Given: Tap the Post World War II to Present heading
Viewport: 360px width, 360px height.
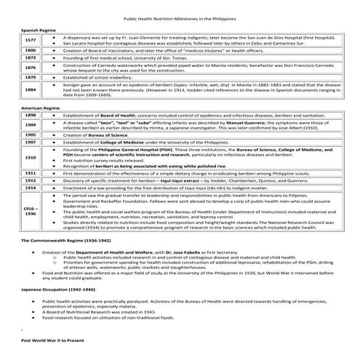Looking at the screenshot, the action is tap(53, 340).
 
